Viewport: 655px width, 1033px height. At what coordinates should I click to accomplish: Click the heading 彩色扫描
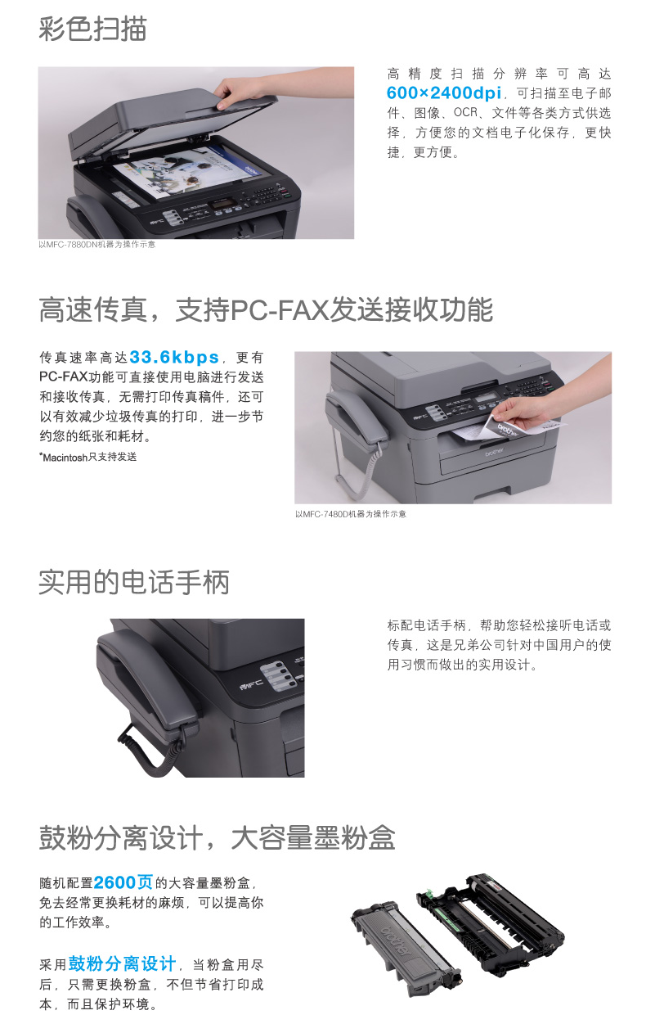pos(92,29)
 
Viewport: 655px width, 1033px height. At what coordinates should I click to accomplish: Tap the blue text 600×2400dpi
pos(443,93)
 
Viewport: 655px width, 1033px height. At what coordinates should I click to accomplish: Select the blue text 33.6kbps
pos(174,357)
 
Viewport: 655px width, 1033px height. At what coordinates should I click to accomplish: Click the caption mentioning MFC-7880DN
pos(96,245)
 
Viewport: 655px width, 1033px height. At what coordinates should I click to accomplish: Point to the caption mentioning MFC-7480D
pos(351,514)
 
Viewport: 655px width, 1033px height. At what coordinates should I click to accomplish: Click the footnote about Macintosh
pos(88,457)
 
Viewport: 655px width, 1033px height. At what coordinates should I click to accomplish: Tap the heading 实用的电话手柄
pos(133,582)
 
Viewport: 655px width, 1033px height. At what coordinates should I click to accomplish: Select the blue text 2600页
pos(123,882)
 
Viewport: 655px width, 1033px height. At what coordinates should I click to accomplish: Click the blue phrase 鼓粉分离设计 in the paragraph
pos(122,963)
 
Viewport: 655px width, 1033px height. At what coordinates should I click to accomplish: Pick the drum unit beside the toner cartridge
pos(491,920)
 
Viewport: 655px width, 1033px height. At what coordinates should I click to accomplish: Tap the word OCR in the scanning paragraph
pos(465,112)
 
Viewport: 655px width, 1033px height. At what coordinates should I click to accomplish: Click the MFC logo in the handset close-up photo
pos(252,684)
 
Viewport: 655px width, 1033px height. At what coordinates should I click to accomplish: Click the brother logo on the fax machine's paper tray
pos(494,453)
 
